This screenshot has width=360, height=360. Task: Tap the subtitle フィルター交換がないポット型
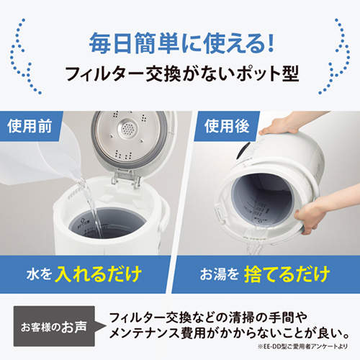[x=180, y=75]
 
